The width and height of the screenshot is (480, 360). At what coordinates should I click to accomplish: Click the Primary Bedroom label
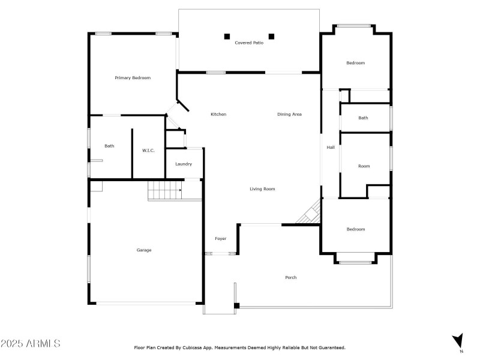133,78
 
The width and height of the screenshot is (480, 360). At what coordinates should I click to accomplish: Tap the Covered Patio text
249,43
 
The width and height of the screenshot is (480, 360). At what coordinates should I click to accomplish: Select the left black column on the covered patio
227,36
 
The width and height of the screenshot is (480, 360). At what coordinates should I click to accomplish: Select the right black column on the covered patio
271,36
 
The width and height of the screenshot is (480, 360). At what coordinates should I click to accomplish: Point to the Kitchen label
218,115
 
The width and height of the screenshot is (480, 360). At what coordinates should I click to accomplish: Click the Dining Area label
289,115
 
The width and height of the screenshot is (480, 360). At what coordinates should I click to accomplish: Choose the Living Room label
262,189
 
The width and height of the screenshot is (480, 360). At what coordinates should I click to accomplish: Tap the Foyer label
221,239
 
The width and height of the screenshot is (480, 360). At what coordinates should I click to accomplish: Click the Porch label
291,277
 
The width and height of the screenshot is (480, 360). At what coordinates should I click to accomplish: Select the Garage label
144,250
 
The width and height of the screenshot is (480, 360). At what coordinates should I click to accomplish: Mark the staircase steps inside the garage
165,192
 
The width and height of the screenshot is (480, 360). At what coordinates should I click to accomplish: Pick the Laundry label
184,164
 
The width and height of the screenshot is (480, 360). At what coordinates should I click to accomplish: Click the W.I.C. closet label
148,150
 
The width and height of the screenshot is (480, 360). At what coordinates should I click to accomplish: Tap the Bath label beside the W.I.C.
109,146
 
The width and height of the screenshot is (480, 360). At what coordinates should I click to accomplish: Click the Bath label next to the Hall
363,118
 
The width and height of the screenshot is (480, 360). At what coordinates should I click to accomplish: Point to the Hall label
331,148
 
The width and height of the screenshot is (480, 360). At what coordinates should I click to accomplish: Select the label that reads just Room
364,166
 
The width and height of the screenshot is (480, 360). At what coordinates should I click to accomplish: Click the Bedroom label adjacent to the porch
355,229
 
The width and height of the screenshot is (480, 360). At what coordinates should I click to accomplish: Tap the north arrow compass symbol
458,340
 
